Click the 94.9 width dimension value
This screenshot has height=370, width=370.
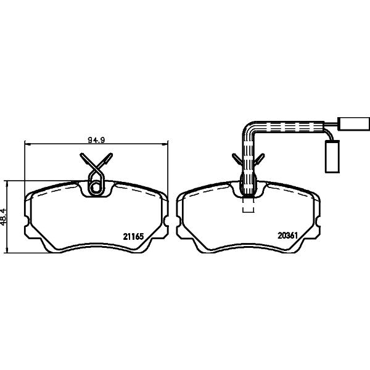(x=96, y=140)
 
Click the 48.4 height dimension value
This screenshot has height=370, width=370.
(x=4, y=216)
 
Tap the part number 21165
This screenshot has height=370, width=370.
(x=133, y=236)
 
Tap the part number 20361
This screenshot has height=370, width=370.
(x=287, y=236)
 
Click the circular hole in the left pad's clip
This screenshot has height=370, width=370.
(x=96, y=188)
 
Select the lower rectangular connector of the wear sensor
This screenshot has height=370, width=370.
(x=332, y=157)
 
